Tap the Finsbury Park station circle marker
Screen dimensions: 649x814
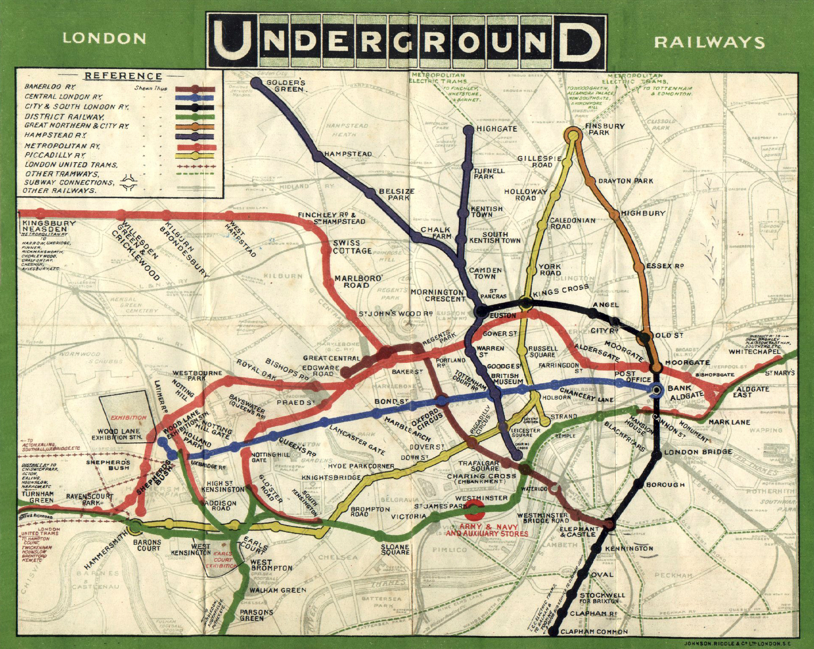coord(573,135)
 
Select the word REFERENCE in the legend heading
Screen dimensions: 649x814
coord(123,76)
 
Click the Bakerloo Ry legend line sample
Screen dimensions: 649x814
coord(195,89)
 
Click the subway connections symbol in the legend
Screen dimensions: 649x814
coord(128,183)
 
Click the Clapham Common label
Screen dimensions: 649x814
coord(594,632)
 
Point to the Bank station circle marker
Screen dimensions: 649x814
coord(656,390)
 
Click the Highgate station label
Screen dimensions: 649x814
coord(497,128)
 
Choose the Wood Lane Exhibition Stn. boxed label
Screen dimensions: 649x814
coord(119,434)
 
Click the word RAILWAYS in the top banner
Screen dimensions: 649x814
coord(709,42)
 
